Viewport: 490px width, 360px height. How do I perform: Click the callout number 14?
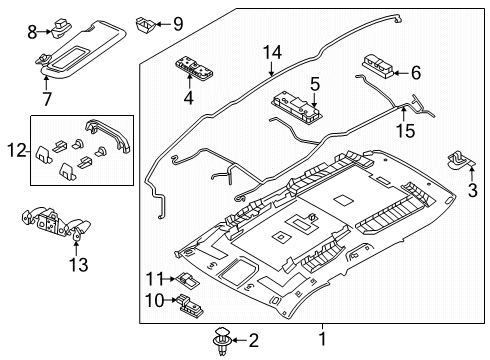pyautogui.click(x=272, y=53)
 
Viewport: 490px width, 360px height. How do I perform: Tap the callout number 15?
pyautogui.click(x=405, y=130)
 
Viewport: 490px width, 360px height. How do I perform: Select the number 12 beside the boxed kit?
pyautogui.click(x=17, y=151)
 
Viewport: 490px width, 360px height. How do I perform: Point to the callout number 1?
pyautogui.click(x=322, y=339)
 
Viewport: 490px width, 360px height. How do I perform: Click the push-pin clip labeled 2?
pyautogui.click(x=221, y=340)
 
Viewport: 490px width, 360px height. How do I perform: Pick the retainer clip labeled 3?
pyautogui.click(x=460, y=161)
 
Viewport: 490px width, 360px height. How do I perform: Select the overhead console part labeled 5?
pyautogui.click(x=294, y=107)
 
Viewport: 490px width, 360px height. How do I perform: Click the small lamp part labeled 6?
pyautogui.click(x=378, y=66)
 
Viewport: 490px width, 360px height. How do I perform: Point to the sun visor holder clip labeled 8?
pyautogui.click(x=61, y=27)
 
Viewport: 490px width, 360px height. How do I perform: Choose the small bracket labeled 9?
pyautogui.click(x=144, y=24)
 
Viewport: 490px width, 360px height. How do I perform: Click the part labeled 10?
pyautogui.click(x=190, y=304)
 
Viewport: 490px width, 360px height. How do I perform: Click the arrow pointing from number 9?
pyautogui.click(x=163, y=24)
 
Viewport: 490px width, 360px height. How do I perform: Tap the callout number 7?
pyautogui.click(x=47, y=99)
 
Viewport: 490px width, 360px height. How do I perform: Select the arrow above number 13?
pyautogui.click(x=76, y=248)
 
